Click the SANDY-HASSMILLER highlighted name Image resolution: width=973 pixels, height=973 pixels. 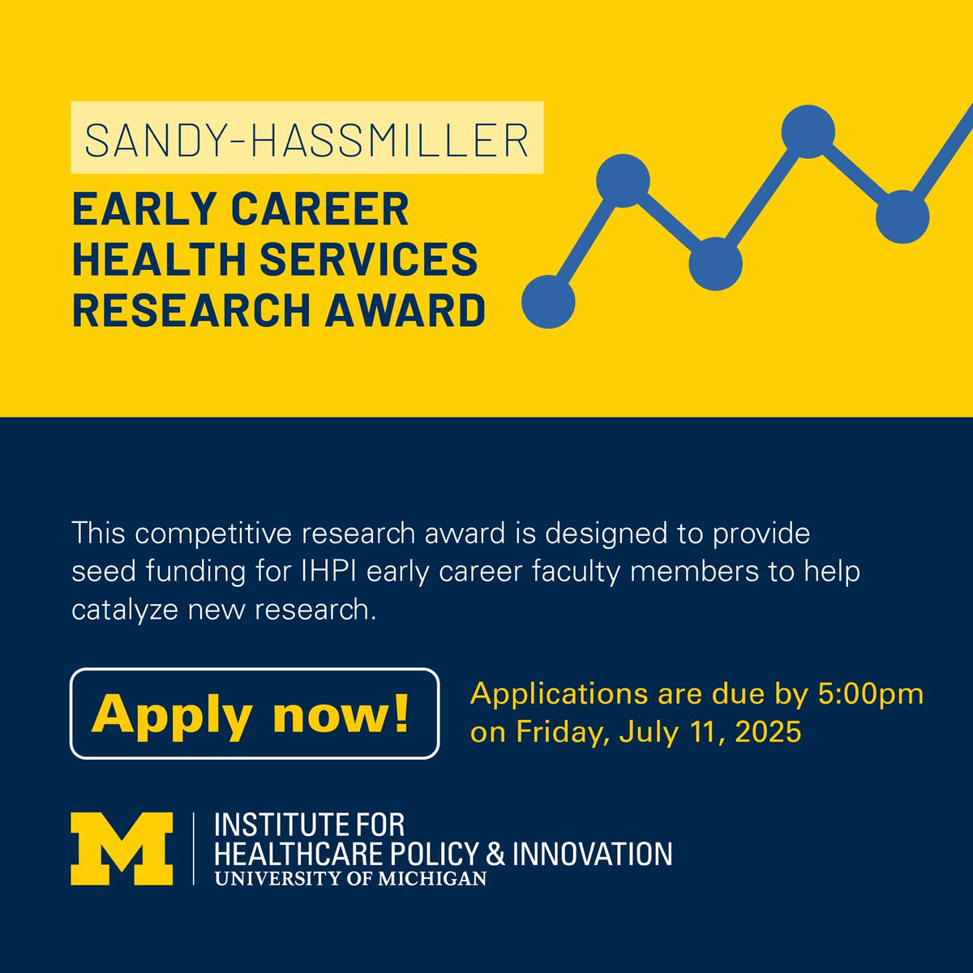(x=306, y=138)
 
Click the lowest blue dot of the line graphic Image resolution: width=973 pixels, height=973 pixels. (x=549, y=302)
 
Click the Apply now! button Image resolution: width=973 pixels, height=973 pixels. (x=255, y=714)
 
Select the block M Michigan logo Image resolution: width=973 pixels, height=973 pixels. (x=122, y=848)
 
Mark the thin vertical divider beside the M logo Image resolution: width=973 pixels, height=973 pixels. (x=193, y=848)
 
